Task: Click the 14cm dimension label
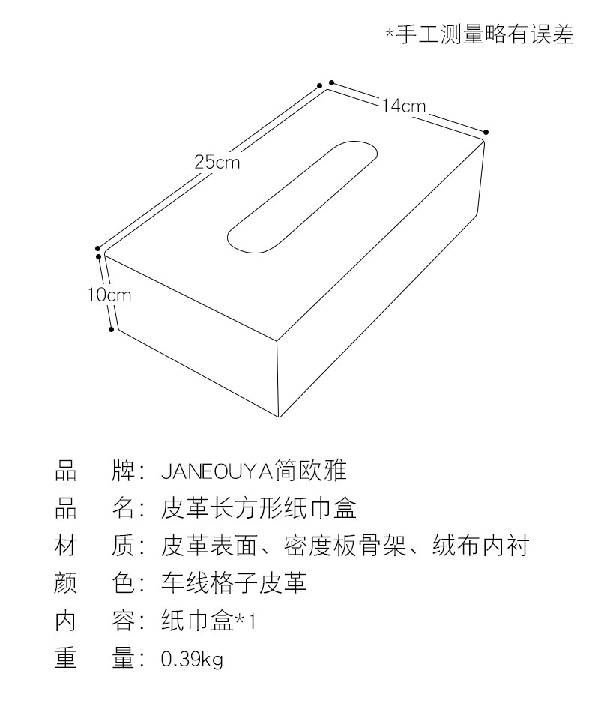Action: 402,106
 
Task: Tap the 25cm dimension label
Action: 217,161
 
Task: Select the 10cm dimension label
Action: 109,295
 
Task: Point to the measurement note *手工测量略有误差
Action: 480,34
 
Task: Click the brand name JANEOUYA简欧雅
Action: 254,471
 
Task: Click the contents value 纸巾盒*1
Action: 208,621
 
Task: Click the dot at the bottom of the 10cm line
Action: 112,328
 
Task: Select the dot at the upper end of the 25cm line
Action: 319,85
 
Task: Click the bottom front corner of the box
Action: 278,417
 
